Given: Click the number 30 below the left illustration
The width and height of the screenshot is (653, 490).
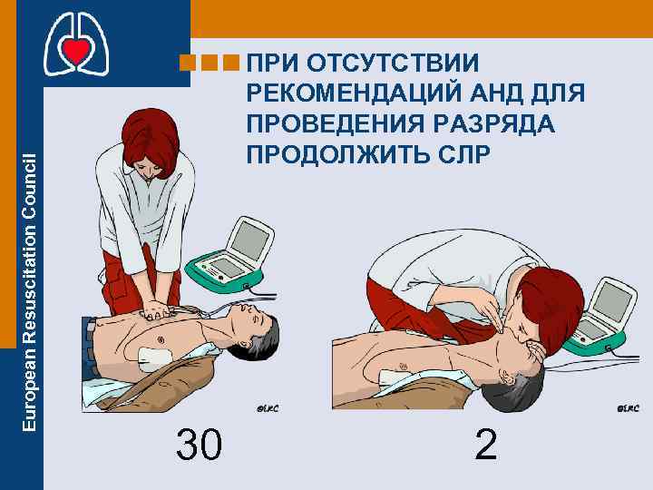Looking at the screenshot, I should (x=199, y=444).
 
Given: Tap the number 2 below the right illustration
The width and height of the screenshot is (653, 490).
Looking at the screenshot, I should (x=486, y=444).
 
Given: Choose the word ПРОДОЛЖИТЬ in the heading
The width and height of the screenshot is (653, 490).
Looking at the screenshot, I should (x=346, y=152).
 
